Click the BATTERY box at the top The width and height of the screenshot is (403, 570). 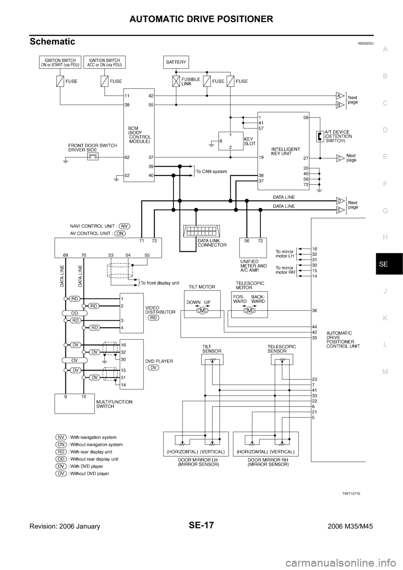pos(176,62)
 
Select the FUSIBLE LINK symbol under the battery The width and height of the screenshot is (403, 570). pos(176,81)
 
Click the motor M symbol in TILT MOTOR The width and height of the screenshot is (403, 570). pos(202,311)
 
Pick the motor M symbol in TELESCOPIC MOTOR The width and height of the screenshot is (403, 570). pos(250,311)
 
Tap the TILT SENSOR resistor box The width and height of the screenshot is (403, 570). pos(212,359)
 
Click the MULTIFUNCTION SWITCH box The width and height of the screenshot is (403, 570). pos(75,403)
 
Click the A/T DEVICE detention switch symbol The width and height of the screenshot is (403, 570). pos(319,136)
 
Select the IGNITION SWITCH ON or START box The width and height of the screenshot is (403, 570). pos(60,62)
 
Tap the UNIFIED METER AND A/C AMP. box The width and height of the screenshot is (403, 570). pos(253,248)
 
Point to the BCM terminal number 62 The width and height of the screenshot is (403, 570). pos(127,157)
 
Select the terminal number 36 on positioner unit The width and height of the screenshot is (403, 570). pos(314,311)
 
